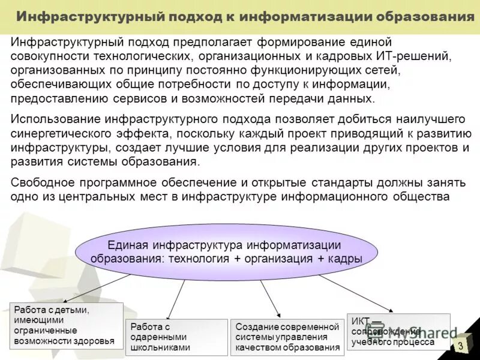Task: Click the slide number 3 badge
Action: coord(461,346)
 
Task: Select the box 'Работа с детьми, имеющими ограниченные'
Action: coord(66,326)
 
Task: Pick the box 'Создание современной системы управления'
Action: coord(287,337)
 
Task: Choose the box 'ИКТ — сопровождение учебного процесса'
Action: coord(398,331)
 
